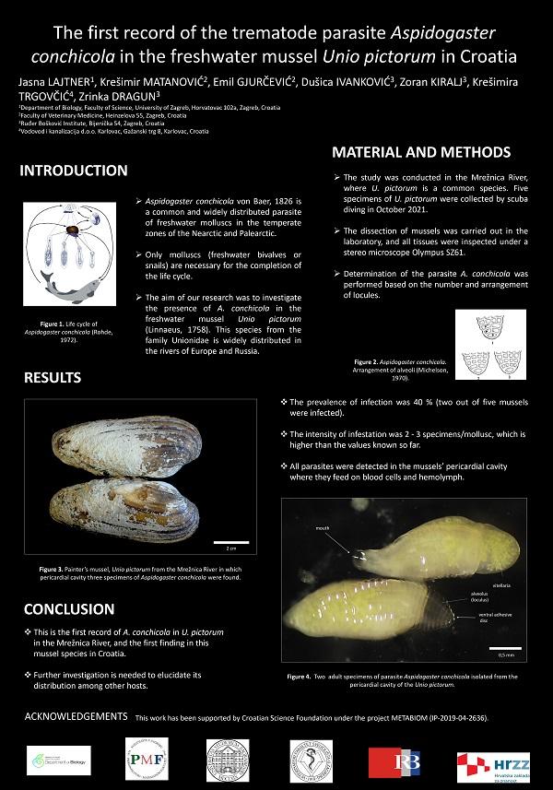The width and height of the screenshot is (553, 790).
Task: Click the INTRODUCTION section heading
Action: tap(74, 171)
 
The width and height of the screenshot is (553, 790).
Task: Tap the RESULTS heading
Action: tap(53, 377)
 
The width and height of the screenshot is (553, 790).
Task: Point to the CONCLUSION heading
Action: tap(69, 609)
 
